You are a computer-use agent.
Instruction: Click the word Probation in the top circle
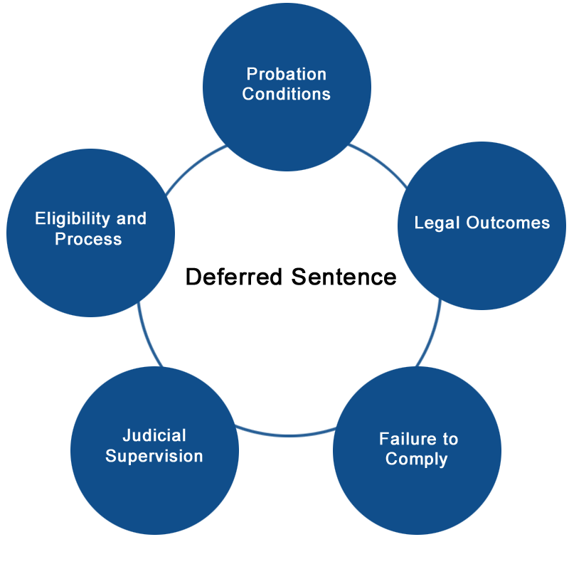tap(287, 74)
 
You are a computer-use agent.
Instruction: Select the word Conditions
tap(287, 94)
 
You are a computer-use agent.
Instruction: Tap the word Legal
tap(437, 223)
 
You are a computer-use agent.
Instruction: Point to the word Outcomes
tap(508, 223)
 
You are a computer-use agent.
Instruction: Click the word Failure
tap(408, 439)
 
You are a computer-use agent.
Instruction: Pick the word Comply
tap(417, 459)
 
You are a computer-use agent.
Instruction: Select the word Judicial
tap(154, 435)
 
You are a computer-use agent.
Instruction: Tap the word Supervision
tap(154, 456)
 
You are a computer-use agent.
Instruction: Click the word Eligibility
tap(73, 219)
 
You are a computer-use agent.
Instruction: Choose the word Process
tap(88, 239)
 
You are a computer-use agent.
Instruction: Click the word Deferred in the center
tap(234, 277)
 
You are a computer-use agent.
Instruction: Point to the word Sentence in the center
tap(344, 277)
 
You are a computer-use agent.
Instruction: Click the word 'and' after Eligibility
tap(132, 218)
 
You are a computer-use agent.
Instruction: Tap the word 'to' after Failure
tap(450, 440)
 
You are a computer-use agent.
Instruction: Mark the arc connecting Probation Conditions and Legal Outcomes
tap(380, 163)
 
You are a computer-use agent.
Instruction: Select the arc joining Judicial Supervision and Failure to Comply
tap(287, 435)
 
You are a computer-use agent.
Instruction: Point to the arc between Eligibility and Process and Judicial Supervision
tap(147, 336)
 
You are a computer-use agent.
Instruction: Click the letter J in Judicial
tap(127, 435)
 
